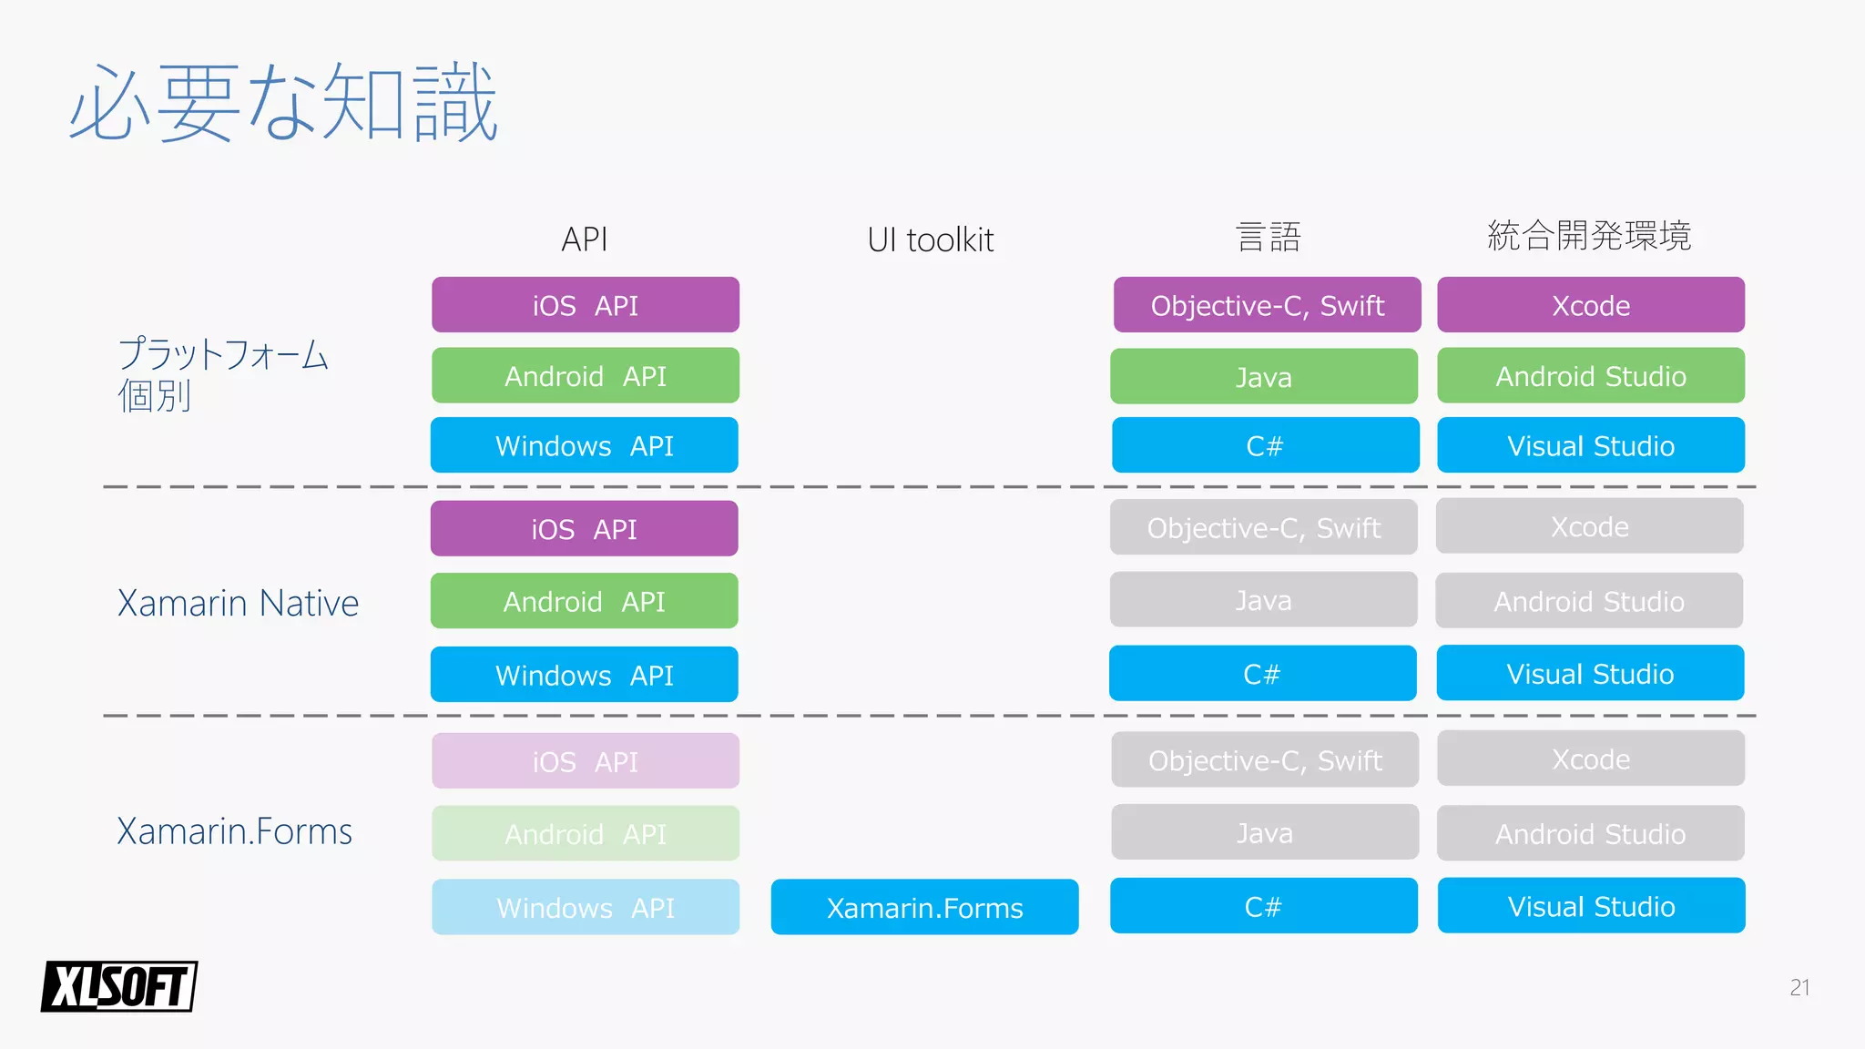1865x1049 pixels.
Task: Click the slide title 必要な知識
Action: (283, 103)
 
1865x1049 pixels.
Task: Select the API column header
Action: (585, 239)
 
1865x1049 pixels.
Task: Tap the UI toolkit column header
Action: (930, 239)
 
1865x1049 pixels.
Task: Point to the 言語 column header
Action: (1268, 238)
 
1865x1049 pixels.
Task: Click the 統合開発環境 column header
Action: (1589, 236)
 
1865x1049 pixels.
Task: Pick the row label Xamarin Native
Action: (238, 603)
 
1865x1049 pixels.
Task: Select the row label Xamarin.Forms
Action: (234, 831)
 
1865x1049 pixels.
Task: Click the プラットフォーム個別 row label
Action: (222, 374)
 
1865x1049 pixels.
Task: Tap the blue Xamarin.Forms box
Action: (924, 907)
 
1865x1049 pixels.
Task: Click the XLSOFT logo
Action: (119, 986)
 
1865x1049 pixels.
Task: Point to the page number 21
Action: (1799, 988)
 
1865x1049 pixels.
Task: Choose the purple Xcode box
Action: (1591, 305)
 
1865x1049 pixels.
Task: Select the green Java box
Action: (1264, 376)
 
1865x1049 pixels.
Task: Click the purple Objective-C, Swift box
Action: (1267, 305)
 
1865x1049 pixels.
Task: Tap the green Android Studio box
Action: (1591, 375)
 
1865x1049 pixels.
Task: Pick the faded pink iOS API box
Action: (586, 761)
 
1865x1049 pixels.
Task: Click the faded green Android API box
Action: (586, 833)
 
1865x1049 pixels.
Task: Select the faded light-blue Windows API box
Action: (586, 907)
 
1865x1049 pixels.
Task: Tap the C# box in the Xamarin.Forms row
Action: (1263, 906)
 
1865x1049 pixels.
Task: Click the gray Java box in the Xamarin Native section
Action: (1263, 600)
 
